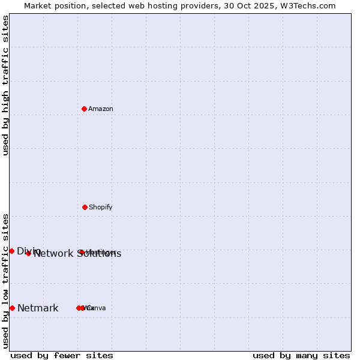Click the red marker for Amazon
click(85, 109)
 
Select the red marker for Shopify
click(85, 207)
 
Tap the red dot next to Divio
click(11, 251)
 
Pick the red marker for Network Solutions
click(28, 253)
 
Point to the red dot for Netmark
click(12, 308)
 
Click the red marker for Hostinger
click(82, 252)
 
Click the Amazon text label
click(101, 109)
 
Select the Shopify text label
click(101, 207)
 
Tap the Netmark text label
click(38, 308)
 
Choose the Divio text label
click(29, 251)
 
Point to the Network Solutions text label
click(77, 254)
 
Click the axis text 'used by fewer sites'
click(62, 355)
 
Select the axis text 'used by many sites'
click(301, 355)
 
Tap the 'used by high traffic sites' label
click(5, 85)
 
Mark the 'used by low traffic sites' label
click(5, 281)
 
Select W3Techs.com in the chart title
click(305, 5)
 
